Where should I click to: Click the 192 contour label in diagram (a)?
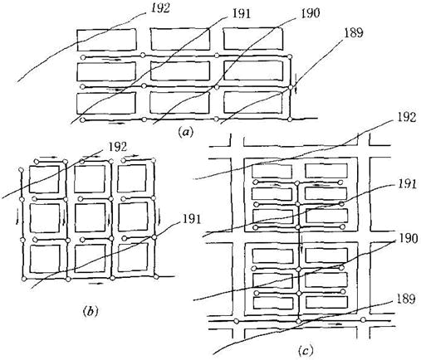160,8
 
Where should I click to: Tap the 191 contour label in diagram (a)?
241,14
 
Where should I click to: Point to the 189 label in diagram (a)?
353,33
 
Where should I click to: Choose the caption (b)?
91,311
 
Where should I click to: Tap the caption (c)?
306,351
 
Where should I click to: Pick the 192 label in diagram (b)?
118,147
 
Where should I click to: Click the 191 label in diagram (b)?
191,219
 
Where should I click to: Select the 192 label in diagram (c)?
406,117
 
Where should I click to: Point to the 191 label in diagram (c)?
407,184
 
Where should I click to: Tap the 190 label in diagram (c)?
408,239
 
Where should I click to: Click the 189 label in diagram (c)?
406,299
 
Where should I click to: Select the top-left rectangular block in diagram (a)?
106,40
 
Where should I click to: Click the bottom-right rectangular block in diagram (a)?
253,103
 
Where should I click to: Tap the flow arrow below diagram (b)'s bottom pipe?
96,284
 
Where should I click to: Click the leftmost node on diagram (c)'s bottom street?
236,321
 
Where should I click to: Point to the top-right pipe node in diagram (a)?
290,56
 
